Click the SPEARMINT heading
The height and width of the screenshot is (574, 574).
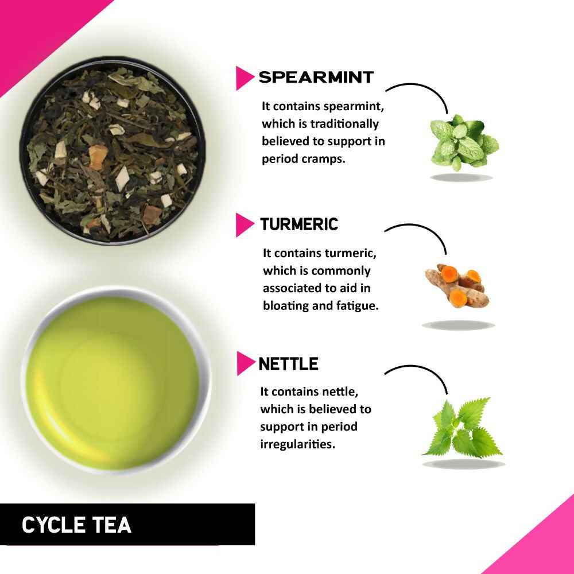316,77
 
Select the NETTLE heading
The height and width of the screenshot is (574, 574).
288,364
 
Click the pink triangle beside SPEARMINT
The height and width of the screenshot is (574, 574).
244,78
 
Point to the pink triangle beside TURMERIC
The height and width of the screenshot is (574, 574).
244,225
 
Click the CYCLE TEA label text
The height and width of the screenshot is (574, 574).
76,525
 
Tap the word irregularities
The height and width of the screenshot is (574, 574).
297,444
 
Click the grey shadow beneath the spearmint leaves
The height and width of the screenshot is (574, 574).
461,177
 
